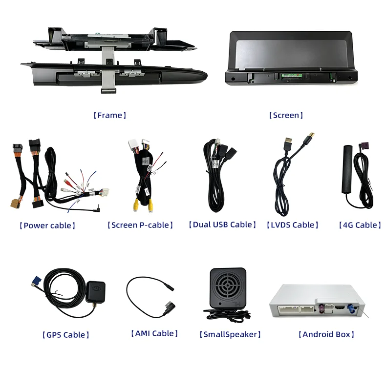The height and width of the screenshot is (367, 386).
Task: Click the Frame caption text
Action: tap(110, 116)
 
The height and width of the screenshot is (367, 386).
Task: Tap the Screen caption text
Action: tap(286, 116)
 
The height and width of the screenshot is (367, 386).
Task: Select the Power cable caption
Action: tap(47, 225)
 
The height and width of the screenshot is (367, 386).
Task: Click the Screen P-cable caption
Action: tap(140, 225)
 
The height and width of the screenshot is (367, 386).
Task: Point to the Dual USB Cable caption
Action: tap(222, 224)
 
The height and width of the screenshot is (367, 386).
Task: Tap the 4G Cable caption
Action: tap(361, 225)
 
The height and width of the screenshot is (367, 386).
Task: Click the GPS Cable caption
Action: tap(66, 335)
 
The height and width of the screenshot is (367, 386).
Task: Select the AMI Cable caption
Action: tap(154, 333)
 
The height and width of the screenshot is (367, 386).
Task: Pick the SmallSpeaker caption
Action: tap(230, 334)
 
